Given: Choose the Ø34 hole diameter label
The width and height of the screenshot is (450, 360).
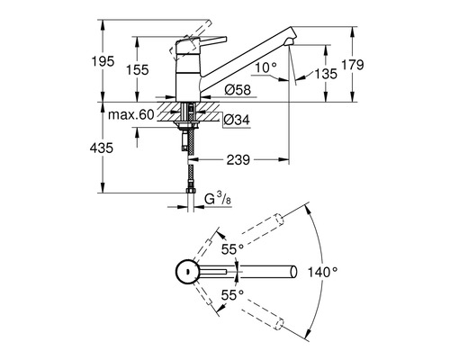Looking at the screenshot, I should click(x=233, y=121).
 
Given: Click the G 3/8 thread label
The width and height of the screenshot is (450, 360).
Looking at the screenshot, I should click(x=217, y=197).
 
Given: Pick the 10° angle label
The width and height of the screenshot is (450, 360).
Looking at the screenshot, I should click(x=265, y=67).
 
